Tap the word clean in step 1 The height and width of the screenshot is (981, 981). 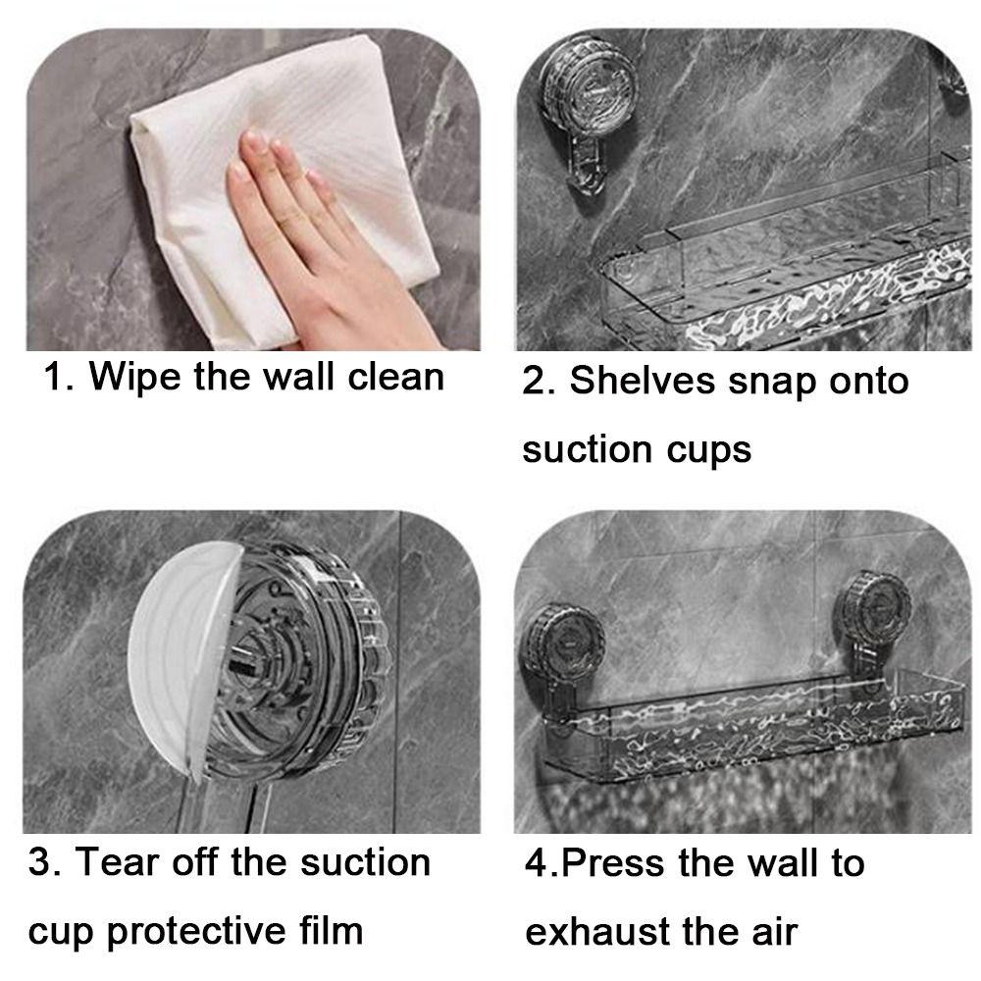396,377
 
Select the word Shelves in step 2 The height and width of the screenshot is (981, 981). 643,380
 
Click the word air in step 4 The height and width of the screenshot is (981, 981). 774,931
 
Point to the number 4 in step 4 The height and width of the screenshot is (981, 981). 537,862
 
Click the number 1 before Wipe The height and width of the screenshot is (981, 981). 54,377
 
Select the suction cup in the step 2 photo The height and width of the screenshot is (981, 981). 589,87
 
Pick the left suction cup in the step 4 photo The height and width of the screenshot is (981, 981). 564,641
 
